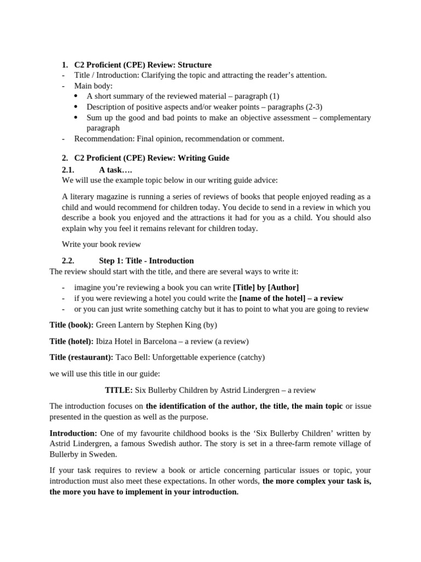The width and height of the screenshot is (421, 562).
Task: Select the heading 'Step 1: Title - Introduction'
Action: pos(146,261)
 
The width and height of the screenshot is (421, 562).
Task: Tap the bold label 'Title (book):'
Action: pos(71,325)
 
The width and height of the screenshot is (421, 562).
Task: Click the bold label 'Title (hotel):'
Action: pos(72,341)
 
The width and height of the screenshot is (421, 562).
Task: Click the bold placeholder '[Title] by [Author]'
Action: pos(266,287)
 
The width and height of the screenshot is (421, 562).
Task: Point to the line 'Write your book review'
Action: pos(101,244)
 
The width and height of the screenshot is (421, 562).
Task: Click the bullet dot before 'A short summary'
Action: pos(76,96)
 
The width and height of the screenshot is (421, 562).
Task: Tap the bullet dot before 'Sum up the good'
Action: pos(76,117)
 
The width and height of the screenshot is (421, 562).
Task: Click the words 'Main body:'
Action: pos(93,86)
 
